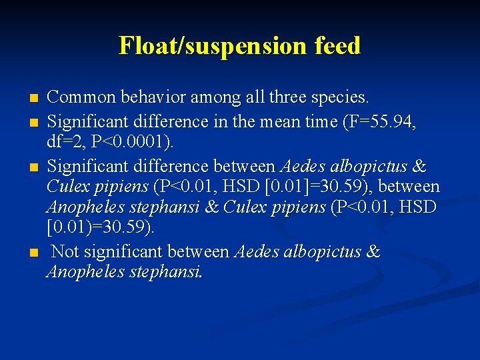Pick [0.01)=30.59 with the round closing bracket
(99, 227)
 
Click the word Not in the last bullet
(67, 252)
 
